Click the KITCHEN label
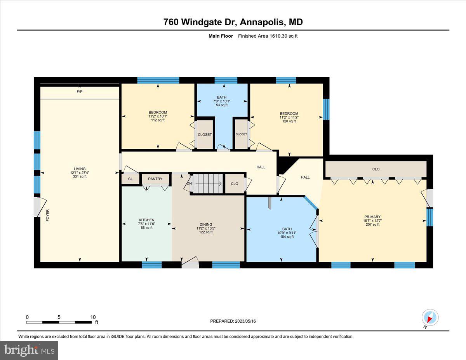[147, 220]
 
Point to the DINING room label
[206, 224]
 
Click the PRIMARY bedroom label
[372, 217]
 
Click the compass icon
[430, 318]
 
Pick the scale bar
[59, 322]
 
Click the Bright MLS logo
[30, 350]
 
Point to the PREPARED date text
[233, 321]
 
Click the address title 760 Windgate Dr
[233, 23]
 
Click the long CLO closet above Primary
[376, 169]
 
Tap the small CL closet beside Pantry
[130, 179]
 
